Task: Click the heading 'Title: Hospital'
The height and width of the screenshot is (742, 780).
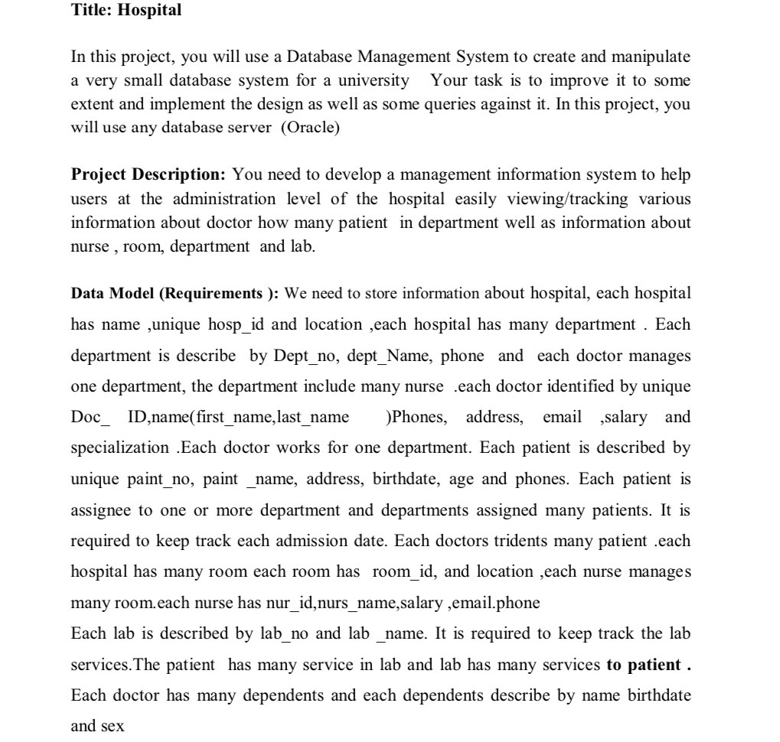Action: click(x=126, y=11)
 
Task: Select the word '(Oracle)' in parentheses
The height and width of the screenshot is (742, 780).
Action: click(x=310, y=128)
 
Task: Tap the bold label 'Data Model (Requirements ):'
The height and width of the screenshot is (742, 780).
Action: click(x=175, y=294)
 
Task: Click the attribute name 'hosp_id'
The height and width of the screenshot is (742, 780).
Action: click(x=236, y=324)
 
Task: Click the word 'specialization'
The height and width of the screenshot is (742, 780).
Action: click(x=119, y=447)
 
